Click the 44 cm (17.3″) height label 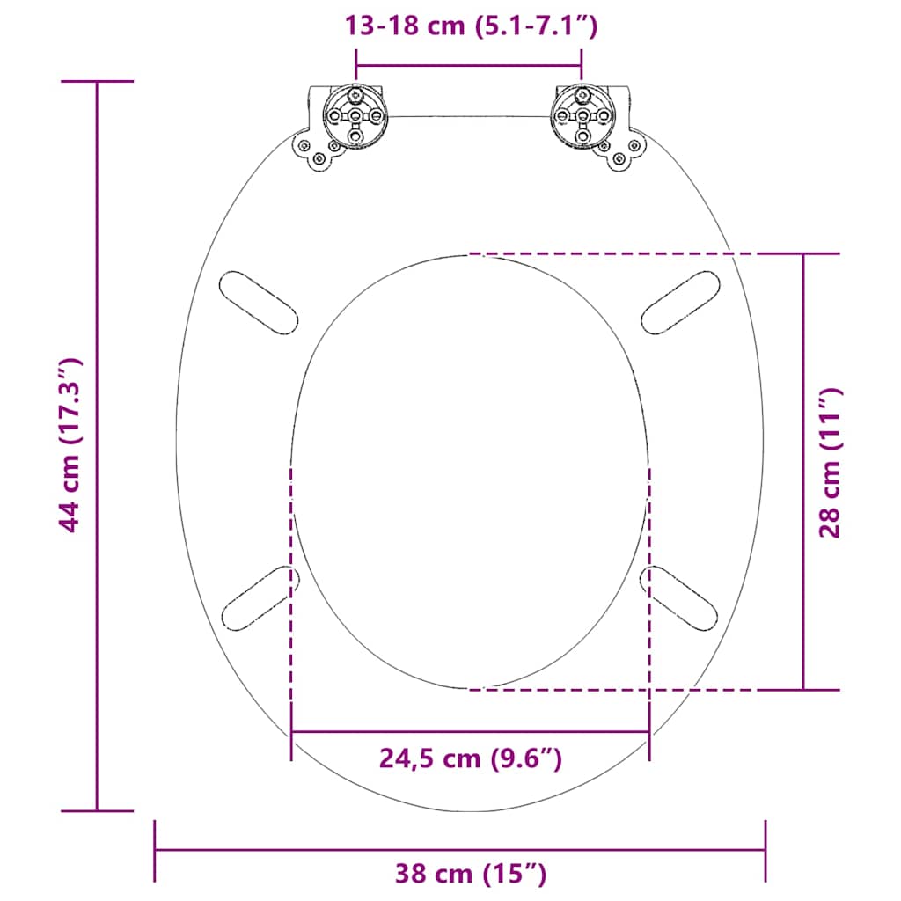click(70, 445)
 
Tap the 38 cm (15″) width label click(470, 874)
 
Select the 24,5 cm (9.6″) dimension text click(470, 758)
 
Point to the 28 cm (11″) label click(831, 463)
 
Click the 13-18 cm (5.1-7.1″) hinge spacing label click(472, 26)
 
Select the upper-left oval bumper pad click(258, 302)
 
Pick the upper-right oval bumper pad click(681, 302)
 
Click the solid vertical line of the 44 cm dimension click(97, 264)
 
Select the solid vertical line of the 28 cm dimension click(803, 352)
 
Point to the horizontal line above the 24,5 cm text click(470, 731)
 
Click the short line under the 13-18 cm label click(468, 64)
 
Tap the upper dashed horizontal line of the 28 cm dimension click(651, 253)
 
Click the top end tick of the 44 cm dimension click(97, 81)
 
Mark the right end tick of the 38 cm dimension click(765, 850)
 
